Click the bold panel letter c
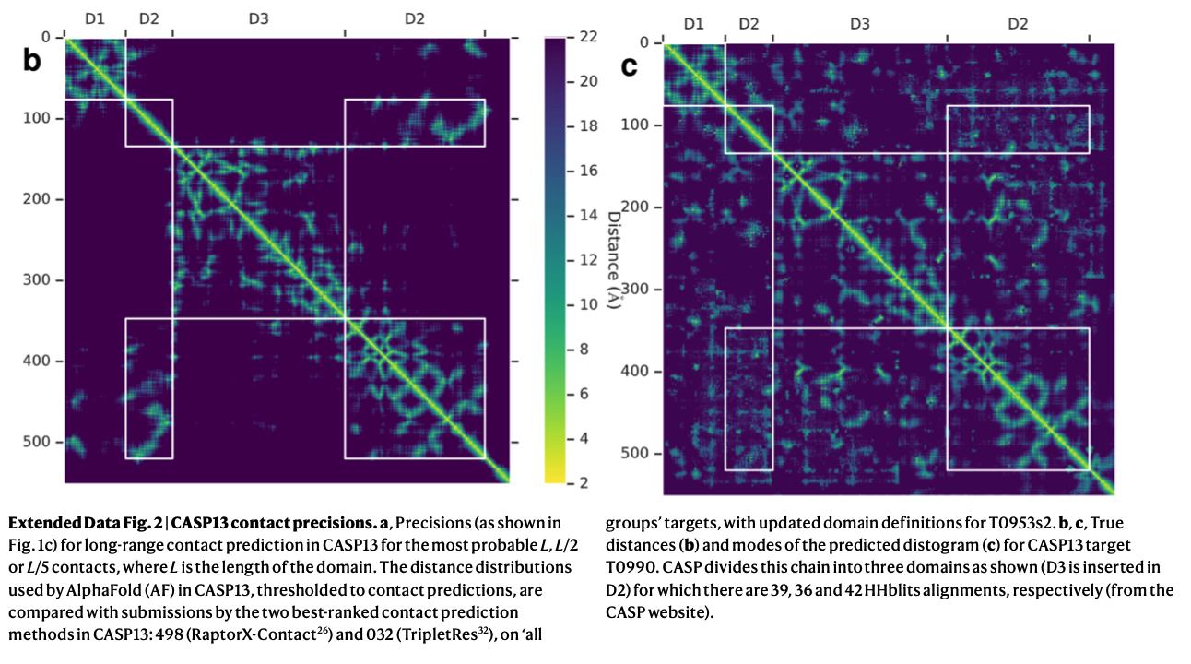(x=631, y=65)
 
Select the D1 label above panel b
(x=94, y=18)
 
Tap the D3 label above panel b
(x=259, y=18)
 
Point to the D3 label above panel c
(x=859, y=24)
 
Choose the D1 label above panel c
(x=694, y=24)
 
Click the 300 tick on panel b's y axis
(x=40, y=280)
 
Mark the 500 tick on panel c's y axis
(x=639, y=454)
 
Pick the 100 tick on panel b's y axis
(x=40, y=119)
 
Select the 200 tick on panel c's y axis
(x=639, y=207)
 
